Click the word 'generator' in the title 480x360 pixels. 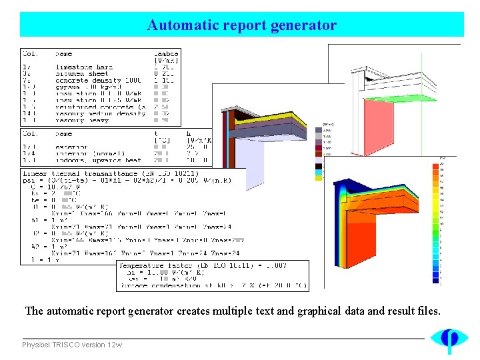tap(304, 26)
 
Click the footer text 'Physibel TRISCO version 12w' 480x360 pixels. tap(72, 345)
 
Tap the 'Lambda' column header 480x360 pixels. tap(166, 53)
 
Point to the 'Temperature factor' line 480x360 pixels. tap(200, 265)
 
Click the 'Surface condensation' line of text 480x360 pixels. tap(200, 286)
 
